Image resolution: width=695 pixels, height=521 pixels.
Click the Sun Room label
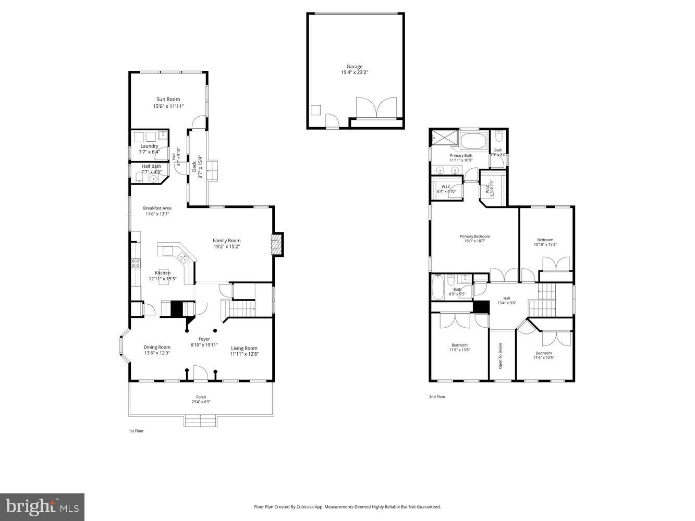(x=168, y=100)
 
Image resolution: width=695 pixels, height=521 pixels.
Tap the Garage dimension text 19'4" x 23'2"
(x=355, y=72)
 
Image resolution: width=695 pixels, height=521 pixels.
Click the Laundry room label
(x=149, y=146)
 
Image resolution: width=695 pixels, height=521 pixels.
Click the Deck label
(x=194, y=166)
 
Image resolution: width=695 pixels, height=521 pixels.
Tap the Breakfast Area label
(x=157, y=208)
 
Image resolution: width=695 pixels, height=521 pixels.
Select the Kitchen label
(x=162, y=273)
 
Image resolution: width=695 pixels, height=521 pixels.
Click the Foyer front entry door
(x=201, y=373)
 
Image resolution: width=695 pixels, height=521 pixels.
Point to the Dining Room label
(x=157, y=348)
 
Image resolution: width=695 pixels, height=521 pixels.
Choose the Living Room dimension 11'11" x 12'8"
(x=244, y=354)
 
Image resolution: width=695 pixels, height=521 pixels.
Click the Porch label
(x=201, y=397)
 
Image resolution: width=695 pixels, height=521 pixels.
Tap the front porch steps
(x=200, y=420)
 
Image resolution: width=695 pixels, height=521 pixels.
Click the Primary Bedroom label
(x=474, y=237)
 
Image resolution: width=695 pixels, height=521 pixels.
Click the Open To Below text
(x=501, y=356)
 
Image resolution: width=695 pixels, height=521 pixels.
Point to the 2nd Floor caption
(x=437, y=397)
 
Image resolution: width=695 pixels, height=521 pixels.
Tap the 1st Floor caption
(x=136, y=431)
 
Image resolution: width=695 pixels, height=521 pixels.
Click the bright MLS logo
(x=42, y=507)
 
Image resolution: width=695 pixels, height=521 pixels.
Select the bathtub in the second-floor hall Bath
(x=437, y=287)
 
